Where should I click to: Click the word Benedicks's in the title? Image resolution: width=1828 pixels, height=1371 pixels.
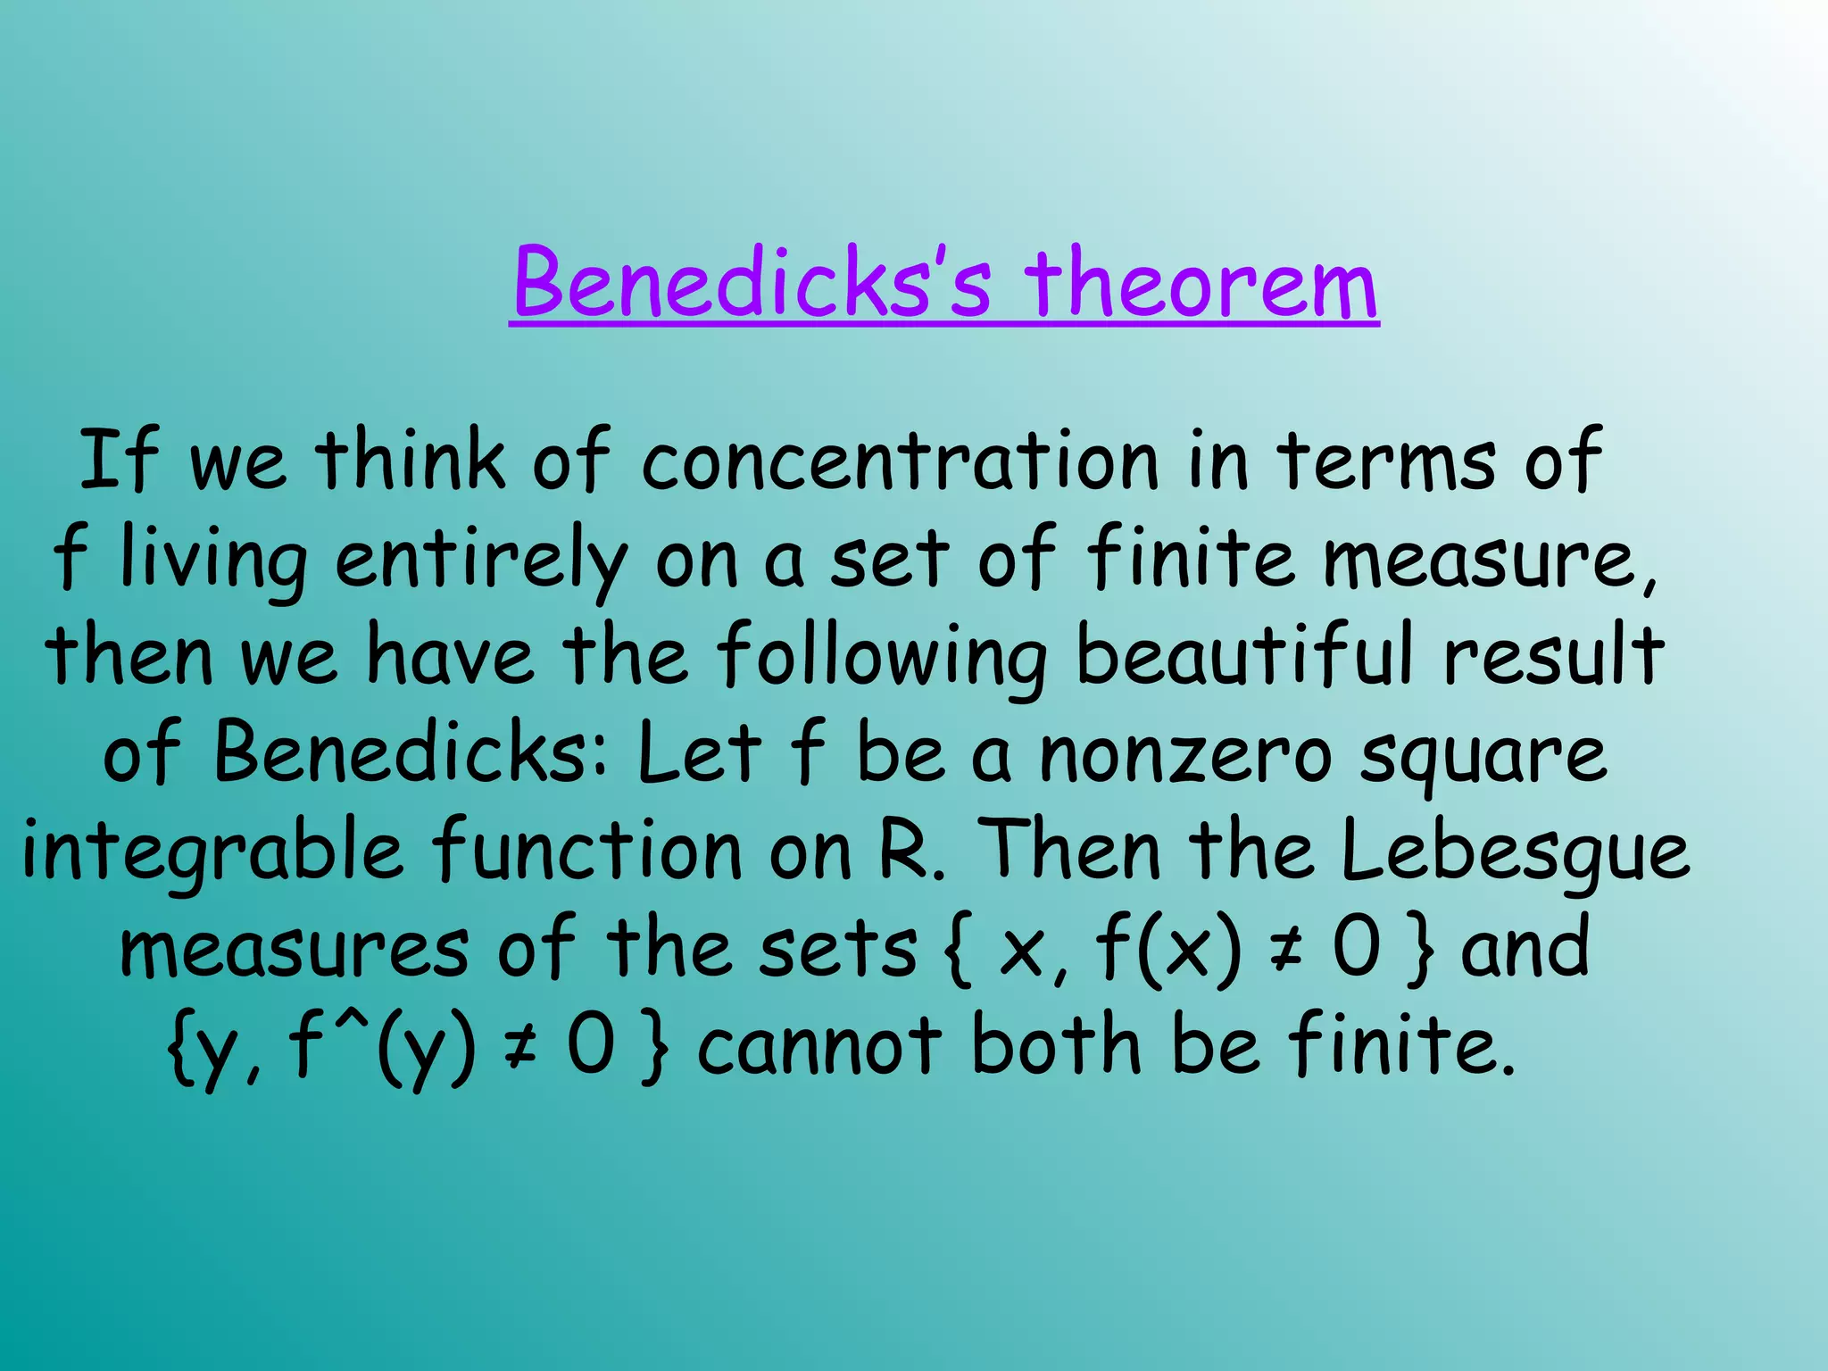[x=752, y=284]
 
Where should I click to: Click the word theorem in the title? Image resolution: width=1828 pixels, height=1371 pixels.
[x=1201, y=284]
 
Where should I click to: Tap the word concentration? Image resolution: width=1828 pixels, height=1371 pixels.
[x=900, y=461]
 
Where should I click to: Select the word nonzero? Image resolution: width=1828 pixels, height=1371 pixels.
[x=1186, y=754]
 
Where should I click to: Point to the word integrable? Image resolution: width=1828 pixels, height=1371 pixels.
[x=212, y=852]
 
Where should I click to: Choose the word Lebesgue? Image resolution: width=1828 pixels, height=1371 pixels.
[x=1514, y=852]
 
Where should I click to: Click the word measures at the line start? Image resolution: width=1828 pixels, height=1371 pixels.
[x=294, y=949]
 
